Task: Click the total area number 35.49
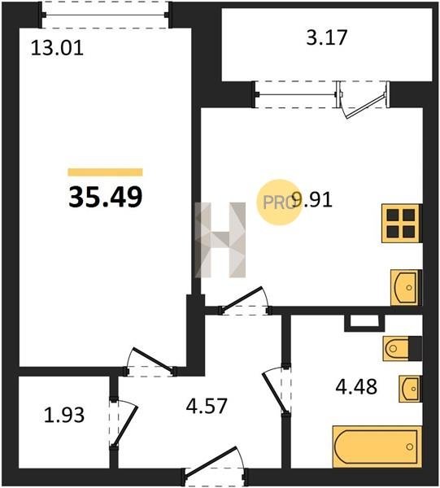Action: (106, 197)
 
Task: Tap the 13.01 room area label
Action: (57, 49)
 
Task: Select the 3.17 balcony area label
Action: (326, 37)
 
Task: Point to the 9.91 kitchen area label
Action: (312, 200)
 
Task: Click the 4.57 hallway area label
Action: (207, 406)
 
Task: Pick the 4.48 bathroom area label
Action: (356, 386)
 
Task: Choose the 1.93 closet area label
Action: (64, 416)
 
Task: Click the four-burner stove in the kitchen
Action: (402, 223)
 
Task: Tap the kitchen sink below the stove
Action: (407, 288)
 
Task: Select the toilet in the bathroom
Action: (403, 348)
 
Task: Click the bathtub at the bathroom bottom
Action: (377, 447)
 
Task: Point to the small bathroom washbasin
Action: (411, 389)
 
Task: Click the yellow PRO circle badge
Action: (279, 203)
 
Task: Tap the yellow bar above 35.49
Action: (105, 172)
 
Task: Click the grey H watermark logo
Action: (220, 240)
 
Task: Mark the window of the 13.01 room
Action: (105, 15)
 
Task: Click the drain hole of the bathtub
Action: (409, 447)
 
